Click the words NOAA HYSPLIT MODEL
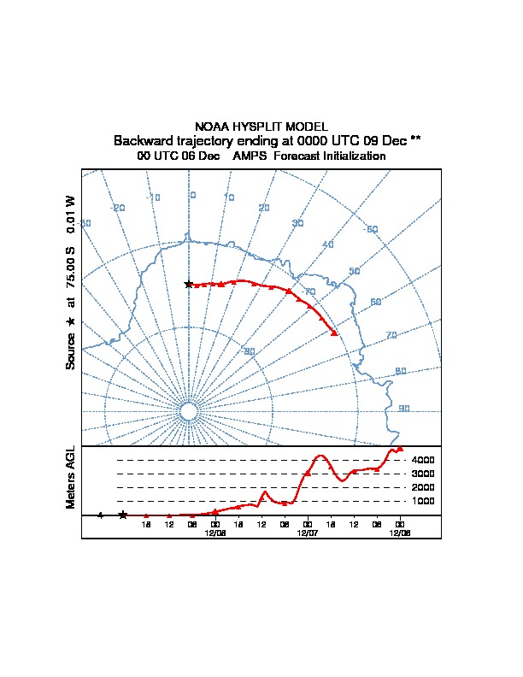261,127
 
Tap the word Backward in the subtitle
141,140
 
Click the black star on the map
189,284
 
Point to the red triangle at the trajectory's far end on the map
334,333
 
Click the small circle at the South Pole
189,411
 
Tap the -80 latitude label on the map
249,351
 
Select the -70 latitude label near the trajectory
309,292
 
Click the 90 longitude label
404,409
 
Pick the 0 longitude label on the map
192,195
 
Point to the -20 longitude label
118,208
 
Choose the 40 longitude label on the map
327,245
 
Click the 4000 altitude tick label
423,460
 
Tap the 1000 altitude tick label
423,501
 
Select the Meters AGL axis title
71,478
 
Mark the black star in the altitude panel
123,515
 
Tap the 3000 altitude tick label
423,474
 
